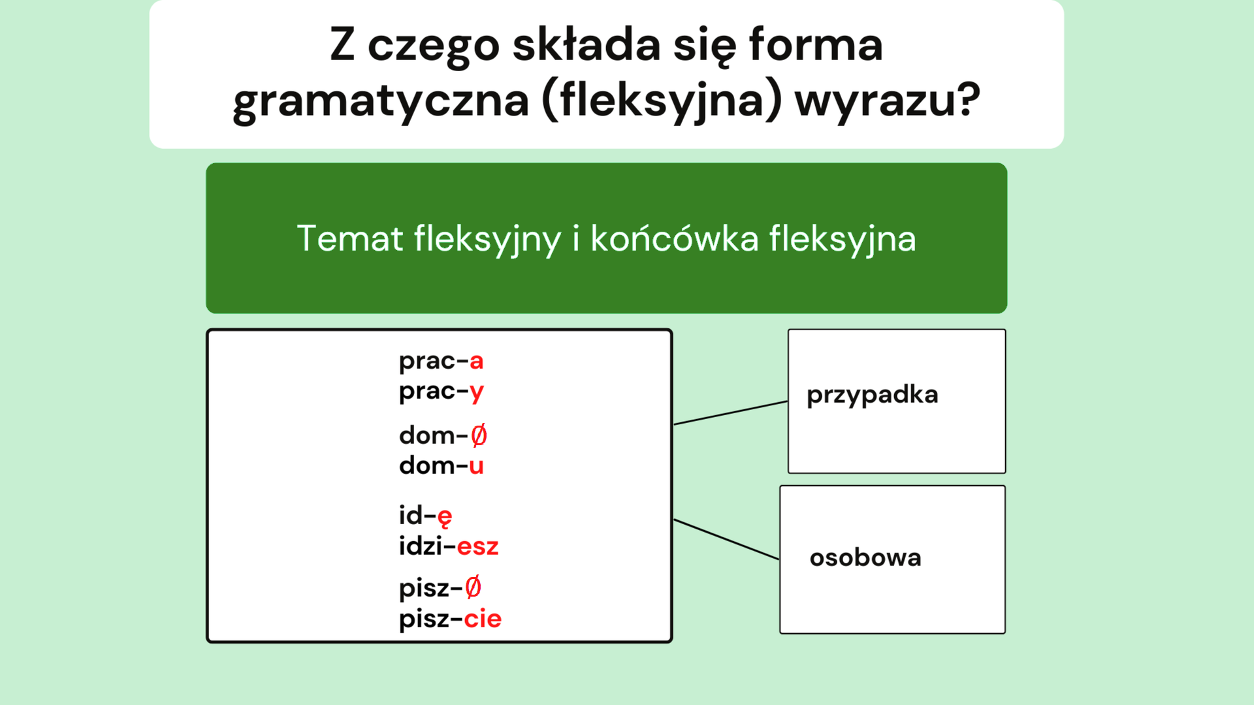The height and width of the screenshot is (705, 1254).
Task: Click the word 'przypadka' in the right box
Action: (x=872, y=396)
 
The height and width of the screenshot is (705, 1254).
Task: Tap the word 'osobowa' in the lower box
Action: (x=865, y=558)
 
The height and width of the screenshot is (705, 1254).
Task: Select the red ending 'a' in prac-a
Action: (x=476, y=361)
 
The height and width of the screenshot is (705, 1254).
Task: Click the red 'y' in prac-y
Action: (x=476, y=392)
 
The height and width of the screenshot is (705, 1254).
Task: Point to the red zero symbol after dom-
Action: (x=479, y=435)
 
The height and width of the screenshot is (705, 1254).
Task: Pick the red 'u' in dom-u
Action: (x=476, y=466)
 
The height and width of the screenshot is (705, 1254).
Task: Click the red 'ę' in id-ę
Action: (x=445, y=516)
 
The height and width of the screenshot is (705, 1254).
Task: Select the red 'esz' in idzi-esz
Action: (x=477, y=547)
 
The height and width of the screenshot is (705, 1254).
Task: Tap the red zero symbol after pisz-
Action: (x=473, y=587)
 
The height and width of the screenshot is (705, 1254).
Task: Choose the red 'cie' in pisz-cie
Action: (x=483, y=619)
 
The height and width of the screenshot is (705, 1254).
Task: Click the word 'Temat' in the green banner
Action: (x=350, y=238)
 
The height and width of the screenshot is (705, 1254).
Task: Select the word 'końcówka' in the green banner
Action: (x=674, y=238)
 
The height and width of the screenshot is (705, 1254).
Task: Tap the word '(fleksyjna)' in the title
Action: (x=662, y=100)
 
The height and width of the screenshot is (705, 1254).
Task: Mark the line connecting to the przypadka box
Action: (x=730, y=413)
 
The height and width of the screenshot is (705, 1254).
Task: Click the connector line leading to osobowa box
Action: (x=726, y=539)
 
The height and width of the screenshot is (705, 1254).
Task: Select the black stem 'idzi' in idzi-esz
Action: (x=421, y=547)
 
